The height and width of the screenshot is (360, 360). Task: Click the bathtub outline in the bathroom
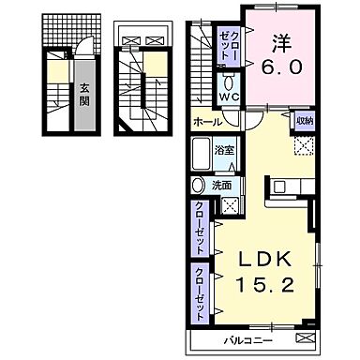click(x=202, y=152)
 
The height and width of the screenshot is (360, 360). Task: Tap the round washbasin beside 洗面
click(x=198, y=186)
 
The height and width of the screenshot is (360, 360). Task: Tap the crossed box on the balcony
click(x=305, y=337)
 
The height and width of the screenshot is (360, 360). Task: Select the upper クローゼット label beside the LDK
click(x=202, y=229)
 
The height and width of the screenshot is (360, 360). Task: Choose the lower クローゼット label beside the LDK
click(x=202, y=292)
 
